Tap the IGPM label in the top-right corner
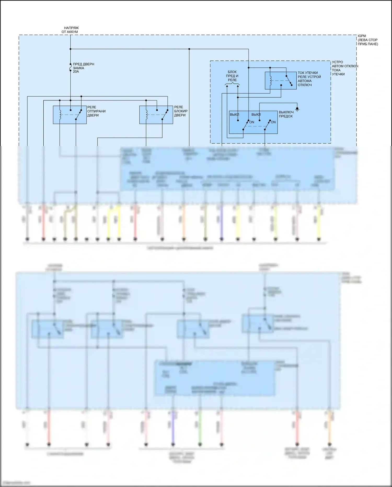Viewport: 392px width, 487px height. pyautogui.click(x=362, y=36)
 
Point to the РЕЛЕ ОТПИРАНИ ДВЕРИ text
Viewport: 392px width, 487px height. pyautogui.click(x=96, y=111)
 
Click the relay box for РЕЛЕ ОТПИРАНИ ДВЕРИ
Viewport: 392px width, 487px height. pyautogui.click(x=70, y=115)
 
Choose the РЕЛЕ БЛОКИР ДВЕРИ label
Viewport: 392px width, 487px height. pyautogui.click(x=181, y=111)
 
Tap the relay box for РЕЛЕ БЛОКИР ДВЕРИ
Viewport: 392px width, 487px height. pyautogui.click(x=156, y=115)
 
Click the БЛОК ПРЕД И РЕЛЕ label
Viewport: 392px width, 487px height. pyautogui.click(x=232, y=76)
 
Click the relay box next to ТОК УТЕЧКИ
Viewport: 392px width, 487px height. pyautogui.click(x=281, y=81)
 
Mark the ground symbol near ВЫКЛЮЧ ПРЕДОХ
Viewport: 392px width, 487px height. pyautogui.click(x=297, y=109)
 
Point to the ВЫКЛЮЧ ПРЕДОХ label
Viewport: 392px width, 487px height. pyautogui.click(x=286, y=114)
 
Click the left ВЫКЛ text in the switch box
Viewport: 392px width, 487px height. pyautogui.click(x=234, y=114)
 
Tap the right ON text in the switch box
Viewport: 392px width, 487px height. pyautogui.click(x=273, y=122)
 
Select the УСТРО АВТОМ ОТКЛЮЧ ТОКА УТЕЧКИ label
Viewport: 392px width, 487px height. pyautogui.click(x=344, y=68)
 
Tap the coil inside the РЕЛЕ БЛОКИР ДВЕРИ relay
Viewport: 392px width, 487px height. pyautogui.click(x=146, y=114)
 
